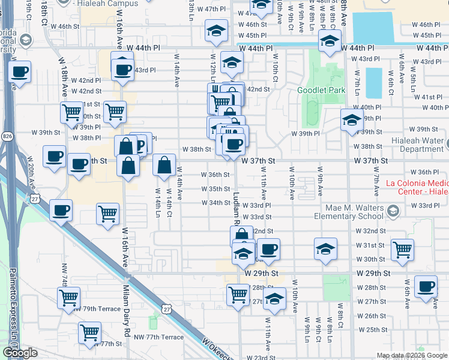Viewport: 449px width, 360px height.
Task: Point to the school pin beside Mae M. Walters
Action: pos(393,211)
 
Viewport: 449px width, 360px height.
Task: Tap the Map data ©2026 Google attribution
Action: pos(412,355)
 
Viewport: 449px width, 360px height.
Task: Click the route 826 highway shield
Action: pos(7,137)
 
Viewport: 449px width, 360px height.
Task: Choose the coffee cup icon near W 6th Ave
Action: pos(426,287)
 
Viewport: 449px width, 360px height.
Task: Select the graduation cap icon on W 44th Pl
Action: pos(329,41)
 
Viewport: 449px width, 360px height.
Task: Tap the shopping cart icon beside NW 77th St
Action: pos(89,331)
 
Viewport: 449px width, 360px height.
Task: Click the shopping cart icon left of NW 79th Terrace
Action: pos(69,296)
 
